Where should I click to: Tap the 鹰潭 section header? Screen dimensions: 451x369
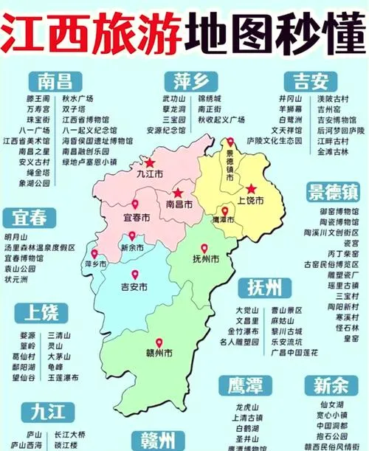(244, 385)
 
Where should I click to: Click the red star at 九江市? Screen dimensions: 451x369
(150, 162)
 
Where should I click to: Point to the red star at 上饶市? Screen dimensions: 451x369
(251, 188)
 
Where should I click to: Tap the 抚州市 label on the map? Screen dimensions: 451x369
(205, 260)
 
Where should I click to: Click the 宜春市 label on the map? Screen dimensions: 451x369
(136, 218)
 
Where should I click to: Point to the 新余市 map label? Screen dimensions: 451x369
(133, 248)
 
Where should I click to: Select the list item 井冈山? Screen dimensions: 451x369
(289, 97)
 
